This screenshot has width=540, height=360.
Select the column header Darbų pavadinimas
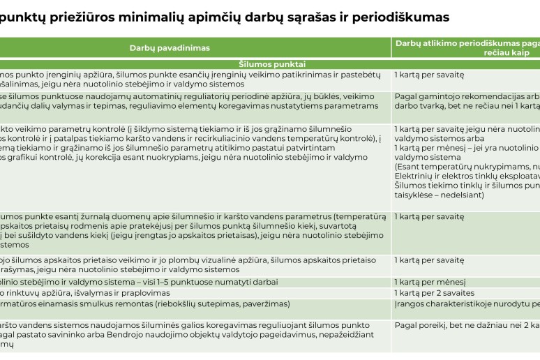point(170,48)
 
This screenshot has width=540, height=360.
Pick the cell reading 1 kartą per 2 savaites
point(434,293)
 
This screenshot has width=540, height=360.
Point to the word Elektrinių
point(417,177)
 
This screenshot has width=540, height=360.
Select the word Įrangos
point(411,304)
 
